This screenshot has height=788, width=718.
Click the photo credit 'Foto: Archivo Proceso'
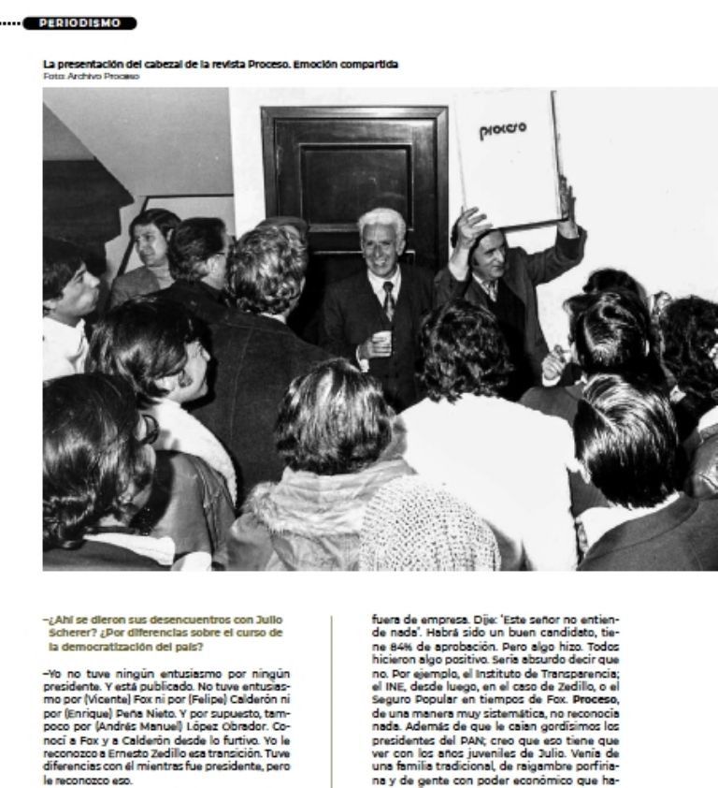pos(91,76)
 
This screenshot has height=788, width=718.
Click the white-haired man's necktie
pos(388,299)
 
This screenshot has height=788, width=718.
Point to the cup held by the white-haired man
pos(381,340)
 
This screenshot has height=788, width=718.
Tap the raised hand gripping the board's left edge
pos(470,226)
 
